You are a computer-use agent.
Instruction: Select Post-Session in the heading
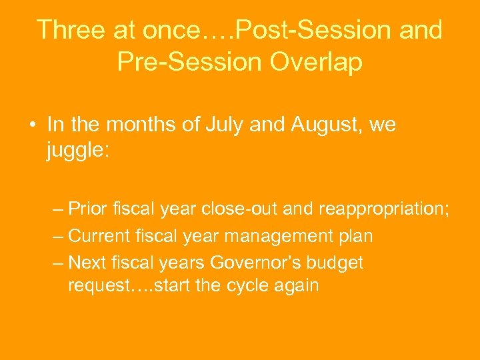coord(303,31)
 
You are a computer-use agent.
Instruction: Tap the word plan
coord(353,237)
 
